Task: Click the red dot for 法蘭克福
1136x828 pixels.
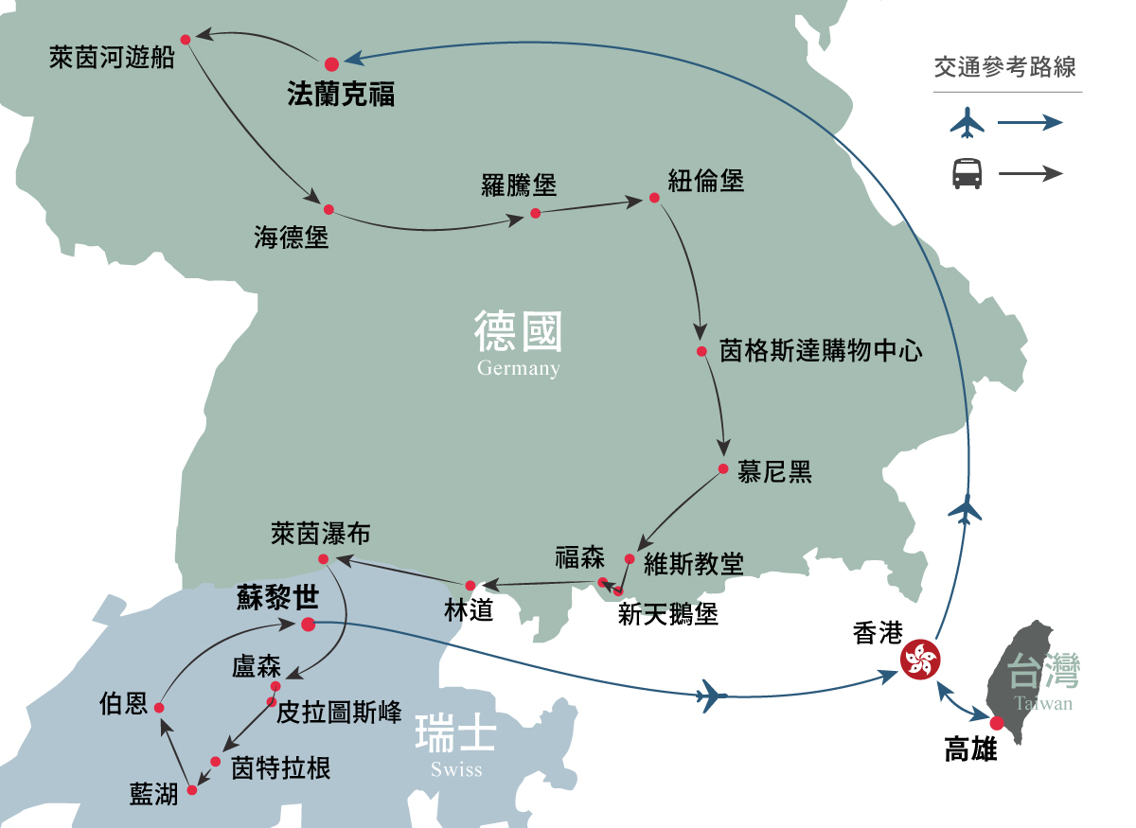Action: click(331, 63)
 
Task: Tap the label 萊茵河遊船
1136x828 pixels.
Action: click(113, 59)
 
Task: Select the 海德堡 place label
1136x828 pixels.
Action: click(291, 237)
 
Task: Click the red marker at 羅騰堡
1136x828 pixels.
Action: click(535, 213)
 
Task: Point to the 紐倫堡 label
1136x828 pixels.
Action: click(706, 180)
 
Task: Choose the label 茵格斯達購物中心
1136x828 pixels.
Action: click(821, 352)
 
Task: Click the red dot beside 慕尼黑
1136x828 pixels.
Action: click(722, 469)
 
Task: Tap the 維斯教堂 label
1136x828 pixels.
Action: click(693, 564)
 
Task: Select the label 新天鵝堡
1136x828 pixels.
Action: click(668, 615)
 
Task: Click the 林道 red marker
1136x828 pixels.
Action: click(470, 585)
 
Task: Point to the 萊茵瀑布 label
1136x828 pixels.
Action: click(320, 534)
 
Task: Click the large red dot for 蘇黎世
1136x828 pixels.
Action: click(308, 625)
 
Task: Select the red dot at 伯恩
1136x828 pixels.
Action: click(159, 708)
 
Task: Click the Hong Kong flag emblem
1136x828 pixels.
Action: click(919, 659)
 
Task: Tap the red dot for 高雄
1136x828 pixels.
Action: click(997, 724)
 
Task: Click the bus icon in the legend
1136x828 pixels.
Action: click(967, 173)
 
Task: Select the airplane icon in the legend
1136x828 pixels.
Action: click(967, 122)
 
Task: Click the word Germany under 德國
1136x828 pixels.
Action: click(519, 368)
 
